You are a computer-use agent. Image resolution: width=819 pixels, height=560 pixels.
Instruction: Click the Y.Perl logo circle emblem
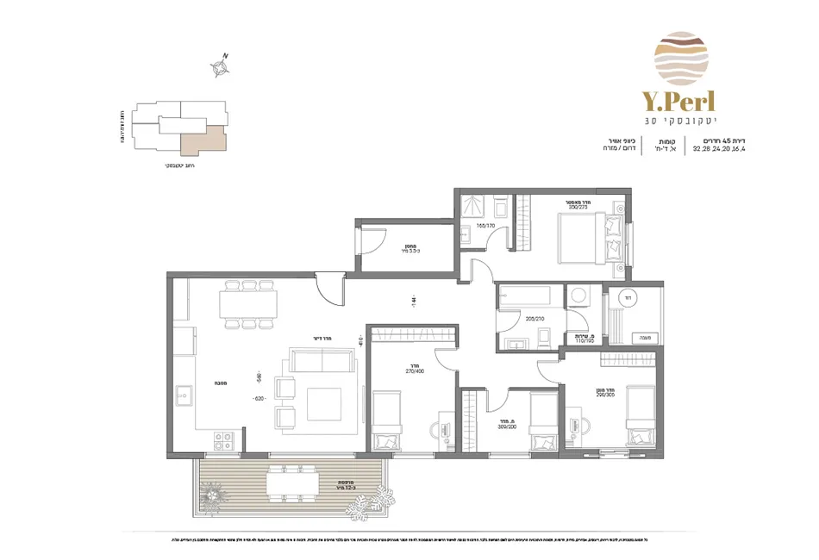pyautogui.click(x=681, y=58)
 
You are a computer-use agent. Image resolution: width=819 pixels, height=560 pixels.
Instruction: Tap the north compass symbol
pyautogui.click(x=221, y=67)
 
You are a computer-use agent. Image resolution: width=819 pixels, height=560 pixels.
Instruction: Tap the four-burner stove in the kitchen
pyautogui.click(x=223, y=439)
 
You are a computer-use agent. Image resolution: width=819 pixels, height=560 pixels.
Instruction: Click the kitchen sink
pyautogui.click(x=184, y=397)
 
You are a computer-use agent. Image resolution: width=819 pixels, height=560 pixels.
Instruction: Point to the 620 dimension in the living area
pyautogui.click(x=258, y=399)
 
